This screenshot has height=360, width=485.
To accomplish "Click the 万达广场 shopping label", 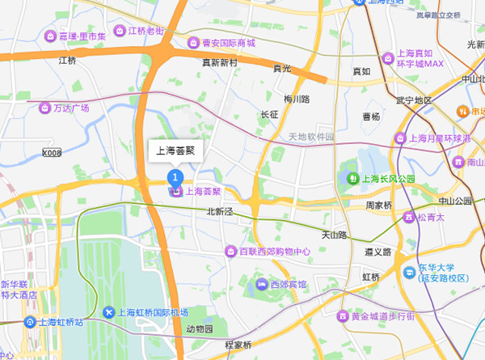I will point(71,108).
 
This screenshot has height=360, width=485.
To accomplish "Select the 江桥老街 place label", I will point(145,31).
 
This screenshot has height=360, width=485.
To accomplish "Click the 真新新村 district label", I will point(220,62).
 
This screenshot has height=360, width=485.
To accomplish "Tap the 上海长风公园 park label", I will point(387,178).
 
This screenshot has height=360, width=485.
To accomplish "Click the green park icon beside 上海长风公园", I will point(352,178).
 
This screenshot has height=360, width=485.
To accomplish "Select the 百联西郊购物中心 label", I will point(274,252).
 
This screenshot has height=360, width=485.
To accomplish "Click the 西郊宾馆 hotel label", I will point(289,285).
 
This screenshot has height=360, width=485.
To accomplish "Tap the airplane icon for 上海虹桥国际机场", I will point(109,312).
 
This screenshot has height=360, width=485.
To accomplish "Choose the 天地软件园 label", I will point(311,137).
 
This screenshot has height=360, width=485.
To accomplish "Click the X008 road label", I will point(52,152).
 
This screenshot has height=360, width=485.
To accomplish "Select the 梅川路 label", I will point(297,99).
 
